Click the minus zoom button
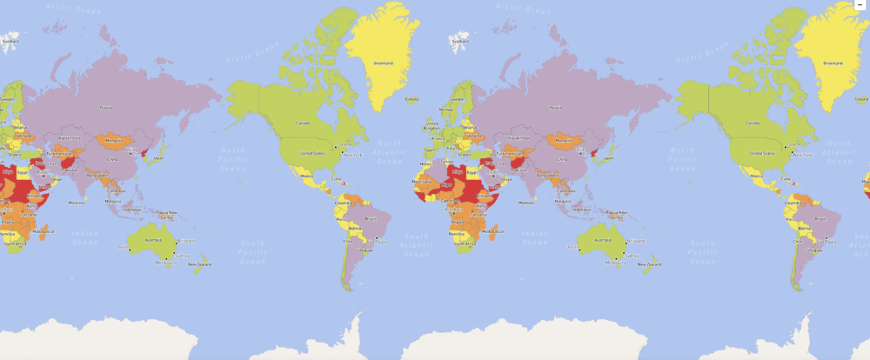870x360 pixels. click(860, 4)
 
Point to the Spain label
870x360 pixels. click(429, 150)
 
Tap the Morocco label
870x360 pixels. click(425, 163)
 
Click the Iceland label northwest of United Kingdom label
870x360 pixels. click(412, 99)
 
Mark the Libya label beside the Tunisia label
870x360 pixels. click(456, 171)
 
